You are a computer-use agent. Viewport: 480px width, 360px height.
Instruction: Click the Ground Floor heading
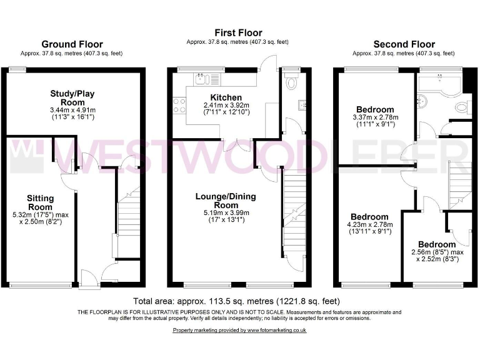72,44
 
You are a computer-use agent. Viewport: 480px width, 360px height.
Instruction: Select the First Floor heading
238,32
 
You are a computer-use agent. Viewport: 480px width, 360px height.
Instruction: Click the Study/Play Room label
72,98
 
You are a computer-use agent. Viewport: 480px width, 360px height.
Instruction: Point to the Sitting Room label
40,202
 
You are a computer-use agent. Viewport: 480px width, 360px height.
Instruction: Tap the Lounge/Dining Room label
226,201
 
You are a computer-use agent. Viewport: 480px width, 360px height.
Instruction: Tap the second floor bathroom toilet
463,108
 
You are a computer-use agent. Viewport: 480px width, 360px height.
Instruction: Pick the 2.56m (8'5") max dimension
437,252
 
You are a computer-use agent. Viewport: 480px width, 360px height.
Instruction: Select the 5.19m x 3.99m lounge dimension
226,212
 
